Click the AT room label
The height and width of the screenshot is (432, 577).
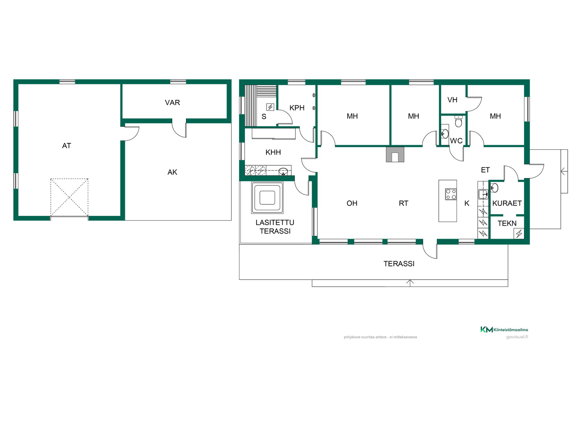66,146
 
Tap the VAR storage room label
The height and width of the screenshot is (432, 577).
172,103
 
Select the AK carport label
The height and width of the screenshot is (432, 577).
172,172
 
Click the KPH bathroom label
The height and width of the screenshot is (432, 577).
297,108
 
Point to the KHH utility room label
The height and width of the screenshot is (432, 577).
273,152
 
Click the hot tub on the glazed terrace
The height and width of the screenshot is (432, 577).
267,198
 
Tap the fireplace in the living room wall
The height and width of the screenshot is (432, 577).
395,154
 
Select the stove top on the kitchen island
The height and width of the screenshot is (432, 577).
451,194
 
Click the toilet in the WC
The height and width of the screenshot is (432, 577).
458,121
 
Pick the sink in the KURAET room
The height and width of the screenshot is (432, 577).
494,188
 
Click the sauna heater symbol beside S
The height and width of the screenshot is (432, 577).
270,107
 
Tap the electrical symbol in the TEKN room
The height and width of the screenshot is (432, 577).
519,233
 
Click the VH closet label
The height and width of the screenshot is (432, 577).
452,100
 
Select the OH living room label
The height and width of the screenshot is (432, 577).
352,203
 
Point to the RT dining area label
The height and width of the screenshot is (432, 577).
404,203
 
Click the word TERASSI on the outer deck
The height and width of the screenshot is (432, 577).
399,264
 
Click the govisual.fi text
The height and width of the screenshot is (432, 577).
517,337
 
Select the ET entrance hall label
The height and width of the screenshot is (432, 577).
485,170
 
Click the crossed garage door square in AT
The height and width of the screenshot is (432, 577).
69,197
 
